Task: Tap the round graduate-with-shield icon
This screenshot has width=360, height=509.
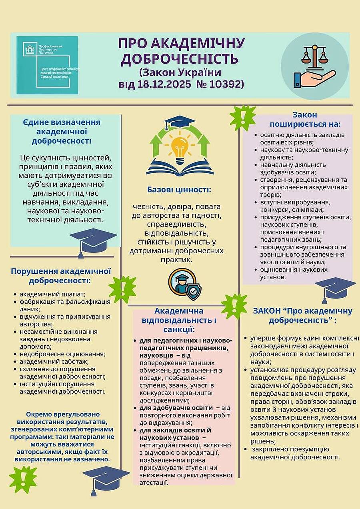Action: pos(184,285)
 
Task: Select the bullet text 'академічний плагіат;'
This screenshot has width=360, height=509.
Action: pos(50,295)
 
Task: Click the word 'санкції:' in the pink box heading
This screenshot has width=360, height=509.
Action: pos(179,330)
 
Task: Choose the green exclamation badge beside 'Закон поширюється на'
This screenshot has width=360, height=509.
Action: pos(242,118)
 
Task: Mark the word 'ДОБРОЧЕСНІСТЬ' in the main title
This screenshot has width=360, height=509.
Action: pos(180,58)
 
